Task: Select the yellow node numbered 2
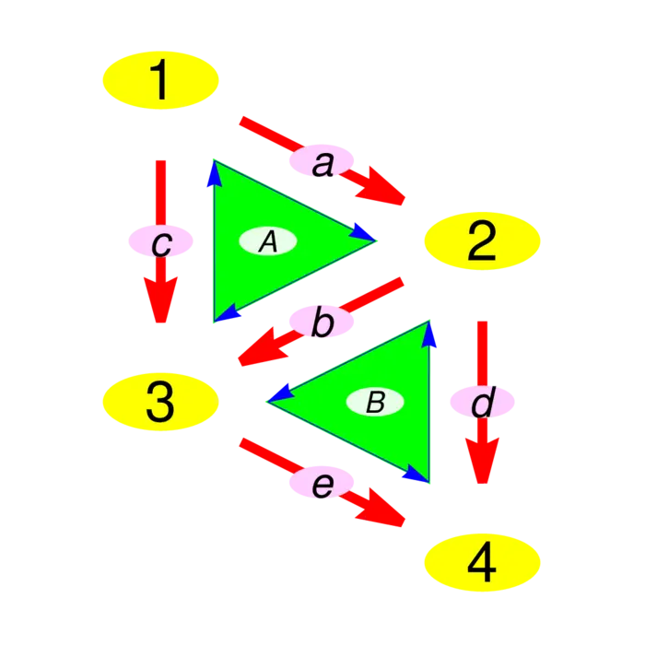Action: click(481, 241)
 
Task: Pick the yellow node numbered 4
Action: click(481, 561)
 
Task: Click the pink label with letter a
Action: click(322, 163)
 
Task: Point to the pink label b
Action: click(322, 322)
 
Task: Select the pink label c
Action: click(161, 242)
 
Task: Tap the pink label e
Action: click(322, 483)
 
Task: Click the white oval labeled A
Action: click(267, 241)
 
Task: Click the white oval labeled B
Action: click(375, 402)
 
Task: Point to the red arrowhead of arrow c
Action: click(161, 299)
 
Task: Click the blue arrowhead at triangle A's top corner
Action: click(215, 173)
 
